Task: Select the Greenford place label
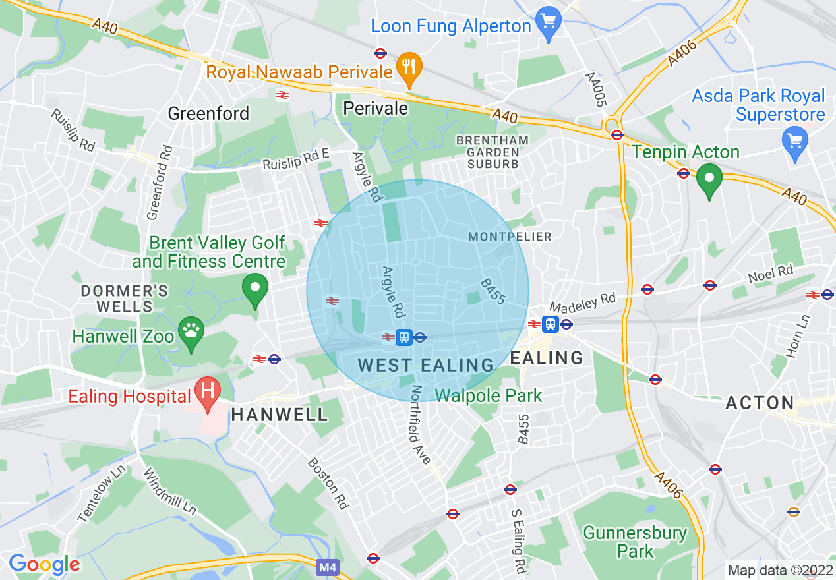(x=208, y=113)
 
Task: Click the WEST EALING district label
(x=426, y=365)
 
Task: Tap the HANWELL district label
(x=280, y=415)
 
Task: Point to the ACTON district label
(x=760, y=403)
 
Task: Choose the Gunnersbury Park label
(x=635, y=541)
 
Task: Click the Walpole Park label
(x=489, y=395)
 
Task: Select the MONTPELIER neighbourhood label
(x=510, y=237)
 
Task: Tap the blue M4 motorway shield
(x=327, y=567)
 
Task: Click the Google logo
(x=44, y=564)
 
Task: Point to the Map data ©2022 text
(x=779, y=569)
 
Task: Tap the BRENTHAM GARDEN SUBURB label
(x=493, y=152)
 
